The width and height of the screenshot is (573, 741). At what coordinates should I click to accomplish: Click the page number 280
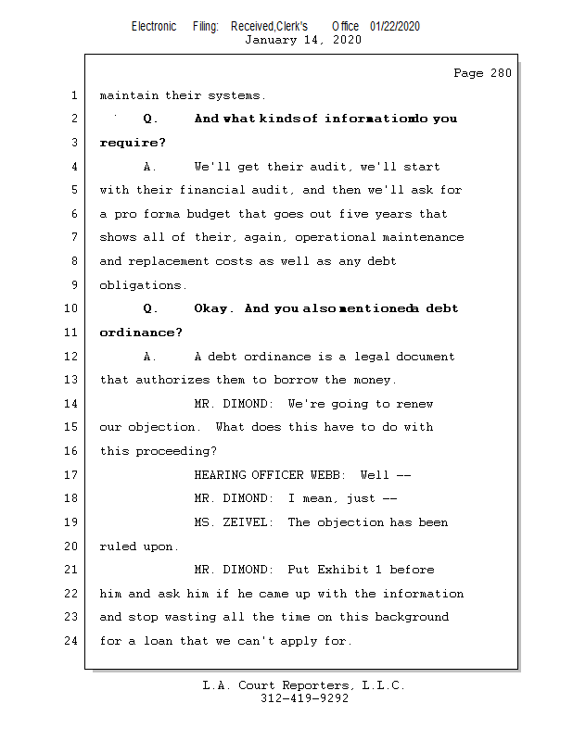[x=501, y=73]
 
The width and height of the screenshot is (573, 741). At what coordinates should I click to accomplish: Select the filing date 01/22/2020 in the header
[x=395, y=26]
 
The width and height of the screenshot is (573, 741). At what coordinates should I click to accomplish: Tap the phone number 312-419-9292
[x=305, y=698]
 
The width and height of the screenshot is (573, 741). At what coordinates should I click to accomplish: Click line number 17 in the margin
[x=71, y=474]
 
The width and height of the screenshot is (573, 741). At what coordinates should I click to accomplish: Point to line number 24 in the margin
[x=71, y=641]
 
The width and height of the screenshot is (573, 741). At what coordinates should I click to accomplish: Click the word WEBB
[x=328, y=475]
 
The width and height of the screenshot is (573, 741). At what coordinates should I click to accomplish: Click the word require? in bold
[x=133, y=143]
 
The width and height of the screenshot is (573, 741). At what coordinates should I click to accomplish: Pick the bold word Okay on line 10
[x=213, y=308]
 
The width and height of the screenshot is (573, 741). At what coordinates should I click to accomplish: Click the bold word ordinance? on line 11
[x=141, y=333]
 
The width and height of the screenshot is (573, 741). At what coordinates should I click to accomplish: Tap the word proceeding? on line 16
[x=176, y=451]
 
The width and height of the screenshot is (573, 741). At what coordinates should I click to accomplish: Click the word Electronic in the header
[x=154, y=26]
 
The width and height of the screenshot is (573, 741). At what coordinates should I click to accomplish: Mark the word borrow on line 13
[x=296, y=380]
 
